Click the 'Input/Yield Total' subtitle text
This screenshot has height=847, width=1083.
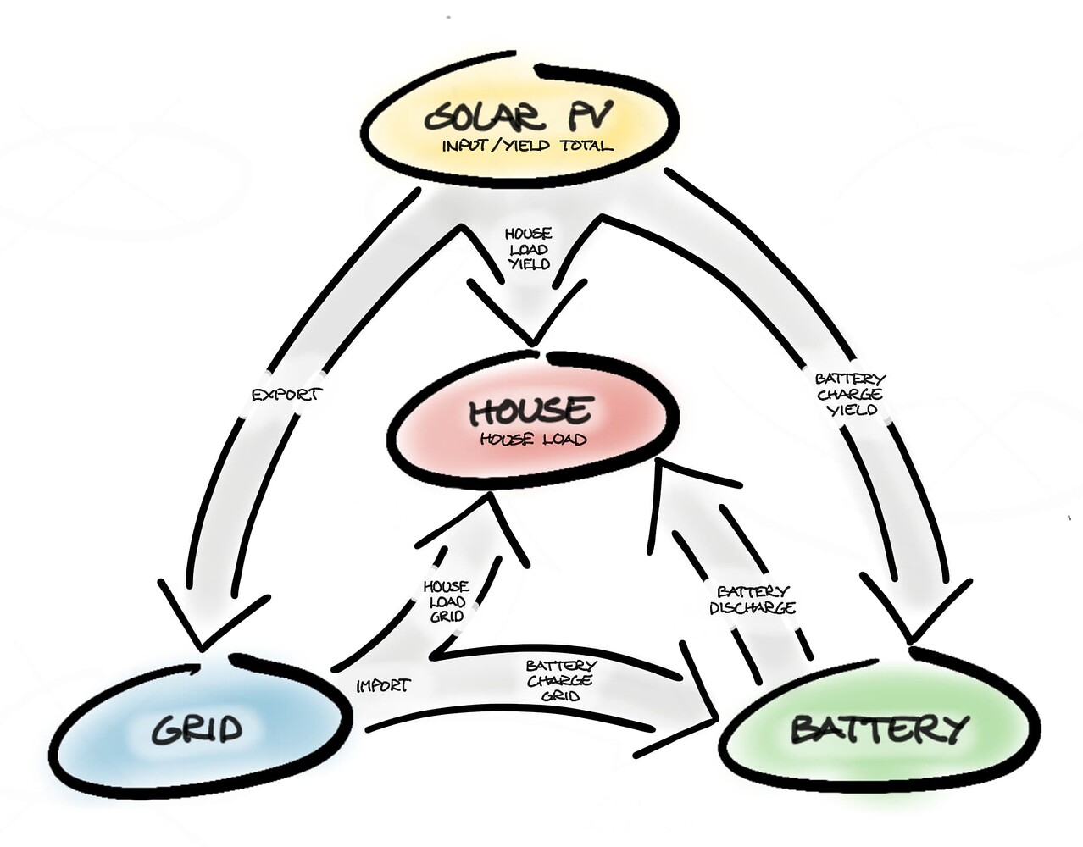526,146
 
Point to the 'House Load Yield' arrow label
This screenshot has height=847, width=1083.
528,247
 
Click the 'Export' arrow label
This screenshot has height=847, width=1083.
288,395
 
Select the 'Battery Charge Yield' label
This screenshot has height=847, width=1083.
849,395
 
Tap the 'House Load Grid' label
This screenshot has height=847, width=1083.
446,601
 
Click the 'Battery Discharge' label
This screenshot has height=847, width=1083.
752,600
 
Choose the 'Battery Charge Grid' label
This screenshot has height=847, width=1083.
560,680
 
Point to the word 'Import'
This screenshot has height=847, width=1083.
382,685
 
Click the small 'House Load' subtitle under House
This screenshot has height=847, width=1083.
532,440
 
